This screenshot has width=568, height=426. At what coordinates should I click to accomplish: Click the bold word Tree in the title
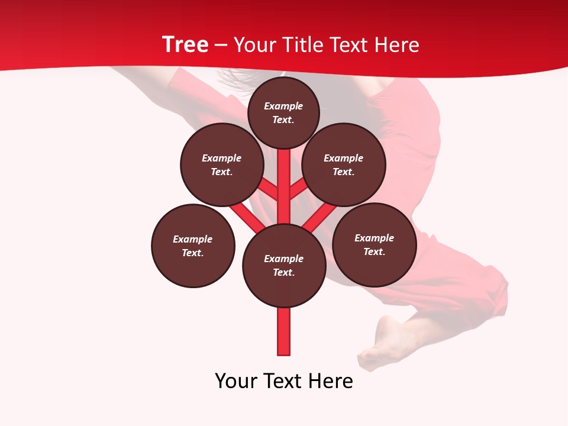pyautogui.click(x=185, y=44)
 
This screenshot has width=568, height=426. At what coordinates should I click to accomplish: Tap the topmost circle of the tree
pyautogui.click(x=283, y=112)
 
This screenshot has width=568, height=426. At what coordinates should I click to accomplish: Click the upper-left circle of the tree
pyautogui.click(x=222, y=165)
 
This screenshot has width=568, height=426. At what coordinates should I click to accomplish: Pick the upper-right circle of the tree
pyautogui.click(x=344, y=165)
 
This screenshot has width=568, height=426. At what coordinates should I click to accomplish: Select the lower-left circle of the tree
pyautogui.click(x=193, y=246)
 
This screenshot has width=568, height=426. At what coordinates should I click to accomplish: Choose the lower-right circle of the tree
pyautogui.click(x=375, y=245)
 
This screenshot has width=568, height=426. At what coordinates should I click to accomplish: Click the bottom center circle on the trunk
pyautogui.click(x=284, y=266)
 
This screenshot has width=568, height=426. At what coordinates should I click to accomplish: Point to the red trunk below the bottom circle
pyautogui.click(x=284, y=331)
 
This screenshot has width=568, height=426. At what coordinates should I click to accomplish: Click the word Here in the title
pyautogui.click(x=397, y=45)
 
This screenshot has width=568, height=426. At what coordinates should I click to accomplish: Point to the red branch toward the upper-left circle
pyautogui.click(x=267, y=190)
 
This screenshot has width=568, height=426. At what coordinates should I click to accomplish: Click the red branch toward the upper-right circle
pyautogui.click(x=299, y=189)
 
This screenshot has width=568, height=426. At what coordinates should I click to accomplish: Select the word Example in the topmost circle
pyautogui.click(x=283, y=106)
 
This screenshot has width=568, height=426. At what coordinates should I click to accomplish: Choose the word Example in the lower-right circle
pyautogui.click(x=374, y=238)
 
